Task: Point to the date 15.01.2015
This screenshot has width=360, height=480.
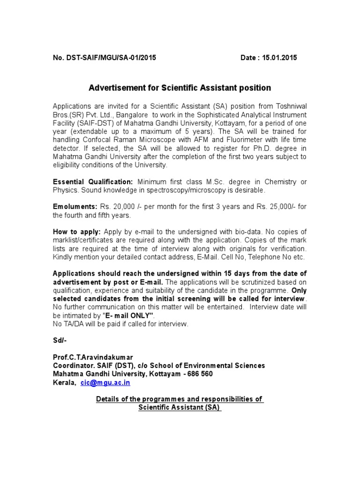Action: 279,58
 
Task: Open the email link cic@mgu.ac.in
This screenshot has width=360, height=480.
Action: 105,383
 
